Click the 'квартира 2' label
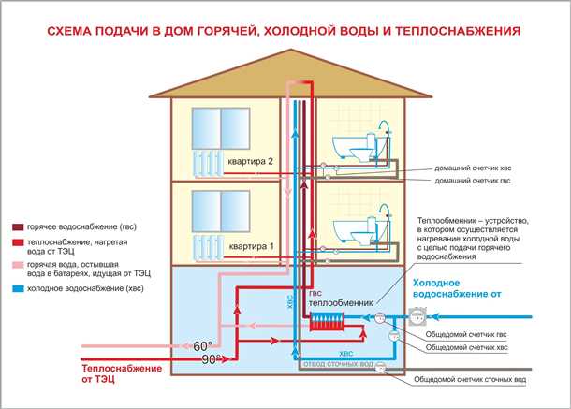coord(247,161)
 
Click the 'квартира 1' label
coord(247,248)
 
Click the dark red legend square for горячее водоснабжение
coord(17,227)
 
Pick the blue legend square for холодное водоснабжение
coord(17,289)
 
